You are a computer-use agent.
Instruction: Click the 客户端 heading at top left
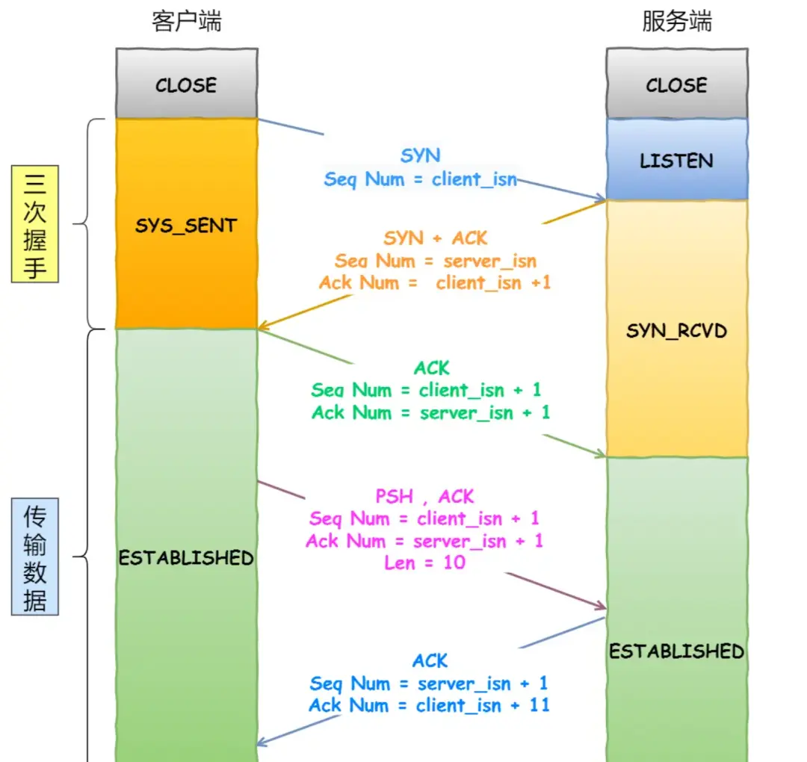click(187, 22)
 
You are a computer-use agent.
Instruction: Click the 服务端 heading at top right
click(677, 22)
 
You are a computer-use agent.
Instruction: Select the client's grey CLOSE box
click(186, 84)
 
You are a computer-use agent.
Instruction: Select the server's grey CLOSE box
click(676, 84)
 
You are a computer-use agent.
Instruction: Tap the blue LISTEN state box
click(676, 161)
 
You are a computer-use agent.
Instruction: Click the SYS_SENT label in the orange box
click(186, 226)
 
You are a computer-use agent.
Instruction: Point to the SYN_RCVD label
click(676, 330)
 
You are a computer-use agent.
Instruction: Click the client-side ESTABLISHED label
click(186, 558)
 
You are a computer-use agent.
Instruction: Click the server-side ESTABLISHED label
click(676, 651)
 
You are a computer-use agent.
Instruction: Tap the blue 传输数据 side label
click(34, 558)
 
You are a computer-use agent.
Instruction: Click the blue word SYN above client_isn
click(421, 155)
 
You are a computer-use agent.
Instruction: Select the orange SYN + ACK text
click(435, 238)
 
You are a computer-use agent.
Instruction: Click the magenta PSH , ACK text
click(424, 497)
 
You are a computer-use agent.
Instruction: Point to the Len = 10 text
click(424, 563)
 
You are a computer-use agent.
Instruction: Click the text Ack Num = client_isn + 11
click(429, 705)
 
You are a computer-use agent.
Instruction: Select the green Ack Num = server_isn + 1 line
click(430, 412)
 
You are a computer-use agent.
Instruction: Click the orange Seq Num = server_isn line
click(435, 261)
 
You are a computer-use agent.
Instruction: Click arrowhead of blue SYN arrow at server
click(602, 199)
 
